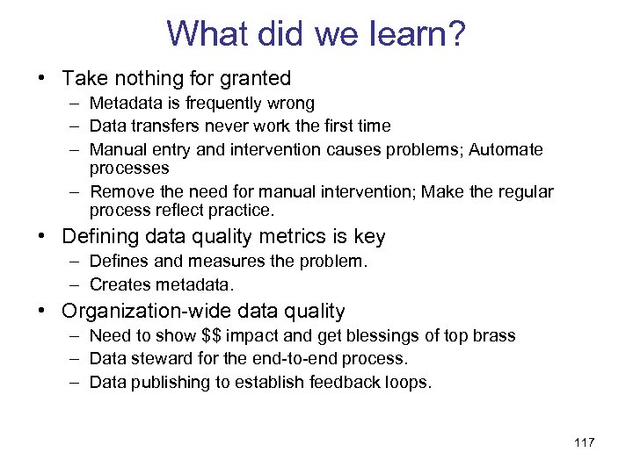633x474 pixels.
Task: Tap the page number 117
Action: [x=584, y=442]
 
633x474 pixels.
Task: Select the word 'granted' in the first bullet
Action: [x=255, y=79]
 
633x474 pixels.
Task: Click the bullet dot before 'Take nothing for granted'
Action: [x=42, y=79]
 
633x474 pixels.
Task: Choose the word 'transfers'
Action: [x=164, y=126]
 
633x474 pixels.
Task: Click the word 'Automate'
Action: [x=506, y=149]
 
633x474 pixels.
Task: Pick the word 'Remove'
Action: [x=117, y=191]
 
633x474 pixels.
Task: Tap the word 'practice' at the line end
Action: [x=244, y=211]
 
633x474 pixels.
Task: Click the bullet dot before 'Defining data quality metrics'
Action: [x=42, y=237]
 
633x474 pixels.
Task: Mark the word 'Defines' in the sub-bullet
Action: [x=119, y=262]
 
